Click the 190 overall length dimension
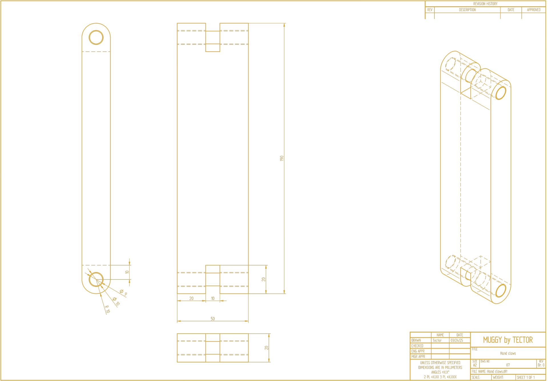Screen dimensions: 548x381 pos(282,158)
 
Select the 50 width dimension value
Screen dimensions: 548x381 pos(213,319)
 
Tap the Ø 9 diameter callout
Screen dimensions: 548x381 pos(124,292)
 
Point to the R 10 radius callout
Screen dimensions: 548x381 pos(107,309)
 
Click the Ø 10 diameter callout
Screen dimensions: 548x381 pos(116,301)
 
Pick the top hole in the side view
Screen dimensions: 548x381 pos(96,37)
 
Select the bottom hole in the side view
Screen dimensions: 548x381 pos(96,279)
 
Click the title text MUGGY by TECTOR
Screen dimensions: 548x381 pos(508,340)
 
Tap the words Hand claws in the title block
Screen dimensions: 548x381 pos(508,353)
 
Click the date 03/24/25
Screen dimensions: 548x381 pos(457,341)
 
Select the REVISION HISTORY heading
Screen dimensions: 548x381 pos(485,4)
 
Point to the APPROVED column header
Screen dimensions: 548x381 pos(533,10)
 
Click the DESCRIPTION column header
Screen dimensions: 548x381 pos(467,10)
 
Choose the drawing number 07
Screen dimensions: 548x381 pos(508,365)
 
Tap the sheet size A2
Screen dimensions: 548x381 pos(475,365)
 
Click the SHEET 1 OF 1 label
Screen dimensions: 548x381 pos(526,377)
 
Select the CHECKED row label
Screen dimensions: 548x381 pos(417,346)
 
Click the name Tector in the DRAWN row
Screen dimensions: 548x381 pos(437,341)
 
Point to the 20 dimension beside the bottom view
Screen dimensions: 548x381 pos(266,348)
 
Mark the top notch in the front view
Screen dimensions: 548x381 pos(213,37)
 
